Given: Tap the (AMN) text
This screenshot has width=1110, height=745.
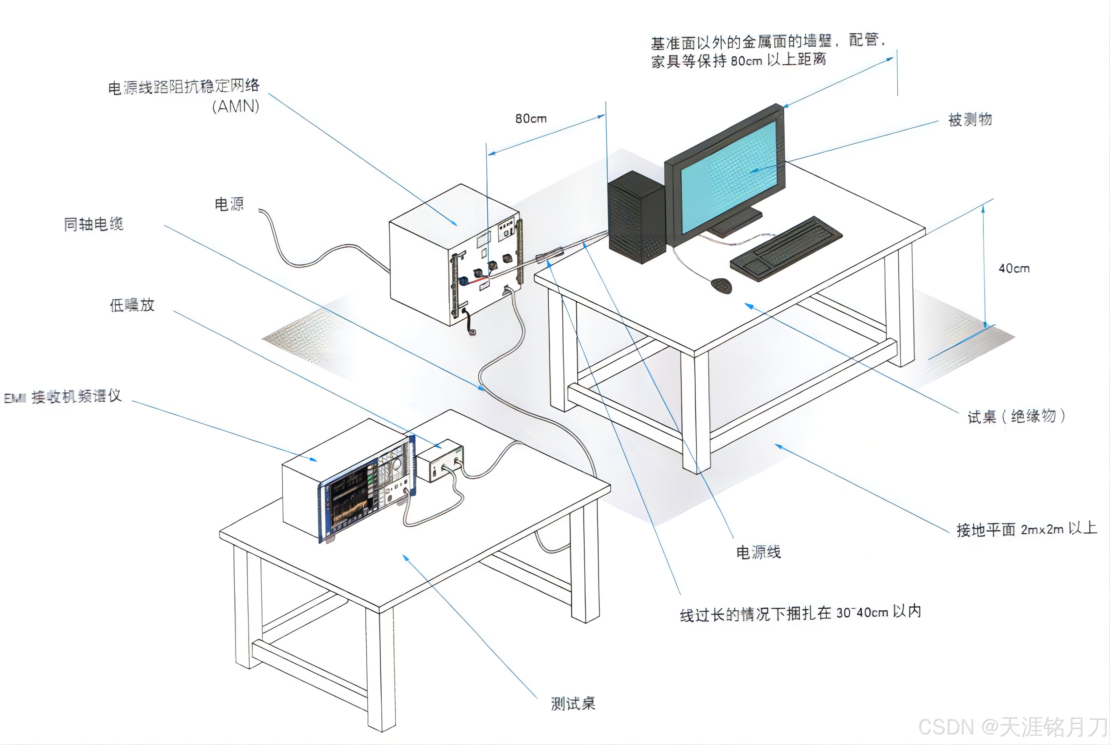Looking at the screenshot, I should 236,106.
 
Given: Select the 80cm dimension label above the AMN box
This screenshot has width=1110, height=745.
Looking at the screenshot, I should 531,118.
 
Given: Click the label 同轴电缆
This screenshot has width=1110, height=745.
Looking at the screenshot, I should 93,224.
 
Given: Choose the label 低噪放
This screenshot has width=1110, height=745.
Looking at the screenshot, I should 132,305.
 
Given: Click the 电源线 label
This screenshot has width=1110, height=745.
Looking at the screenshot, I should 758,552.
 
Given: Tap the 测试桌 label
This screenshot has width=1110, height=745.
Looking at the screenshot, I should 573,703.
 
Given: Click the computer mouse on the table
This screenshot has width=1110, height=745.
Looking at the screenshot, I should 722,286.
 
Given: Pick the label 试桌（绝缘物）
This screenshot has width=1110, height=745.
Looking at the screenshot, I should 1017,416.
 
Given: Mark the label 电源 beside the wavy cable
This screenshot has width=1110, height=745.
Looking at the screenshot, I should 229,204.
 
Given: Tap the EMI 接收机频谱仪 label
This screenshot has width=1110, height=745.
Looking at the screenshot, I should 63,396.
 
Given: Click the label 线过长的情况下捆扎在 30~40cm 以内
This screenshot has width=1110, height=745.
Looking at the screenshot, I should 800,613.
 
